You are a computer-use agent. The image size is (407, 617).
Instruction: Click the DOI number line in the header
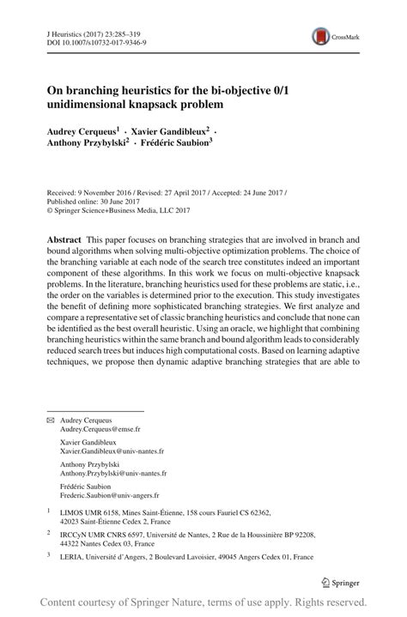coord(83,40)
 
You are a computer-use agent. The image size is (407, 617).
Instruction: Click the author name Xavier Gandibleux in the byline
coord(172,132)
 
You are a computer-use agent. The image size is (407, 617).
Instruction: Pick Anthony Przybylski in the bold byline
coord(89,144)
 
